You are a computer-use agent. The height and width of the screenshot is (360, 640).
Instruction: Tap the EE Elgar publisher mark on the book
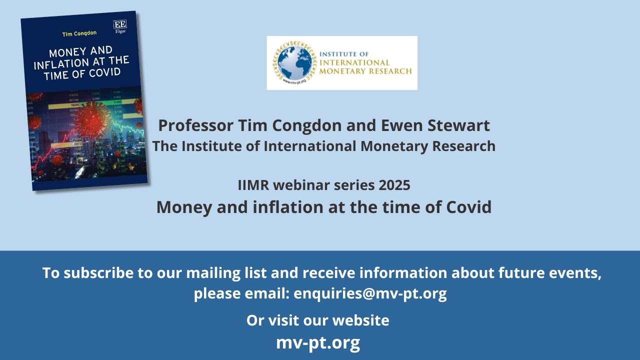coord(119,26)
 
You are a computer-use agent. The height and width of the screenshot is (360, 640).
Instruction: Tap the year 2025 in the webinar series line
coord(394,185)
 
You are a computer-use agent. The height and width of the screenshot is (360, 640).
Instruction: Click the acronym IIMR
coord(254,185)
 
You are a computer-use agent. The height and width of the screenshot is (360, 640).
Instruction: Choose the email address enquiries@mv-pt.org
coord(370,293)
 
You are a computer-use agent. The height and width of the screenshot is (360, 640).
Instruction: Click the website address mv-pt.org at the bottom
coord(318,343)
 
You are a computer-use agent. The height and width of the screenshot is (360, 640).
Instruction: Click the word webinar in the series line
coord(298,185)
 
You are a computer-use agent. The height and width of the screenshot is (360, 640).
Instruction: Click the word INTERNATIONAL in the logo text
coord(354,62)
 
